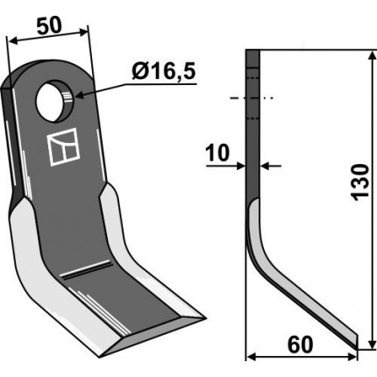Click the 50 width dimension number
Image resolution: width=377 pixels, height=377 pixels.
pyautogui.click(x=49, y=26)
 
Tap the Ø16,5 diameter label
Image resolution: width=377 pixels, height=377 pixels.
pyautogui.click(x=163, y=72)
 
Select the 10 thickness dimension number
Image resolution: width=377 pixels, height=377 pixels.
pyautogui.click(x=217, y=153)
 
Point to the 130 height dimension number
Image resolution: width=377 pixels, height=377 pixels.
pyautogui.click(x=360, y=182)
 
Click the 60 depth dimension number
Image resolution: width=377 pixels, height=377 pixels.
pyautogui.click(x=300, y=345)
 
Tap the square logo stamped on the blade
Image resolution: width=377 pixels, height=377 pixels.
pyautogui.click(x=63, y=146)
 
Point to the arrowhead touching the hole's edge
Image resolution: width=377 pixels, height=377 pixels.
pyautogui.click(x=80, y=95)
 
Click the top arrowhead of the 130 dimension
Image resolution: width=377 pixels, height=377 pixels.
pyautogui.click(x=372, y=56)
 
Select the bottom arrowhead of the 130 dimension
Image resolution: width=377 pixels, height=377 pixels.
pyautogui.click(x=372, y=344)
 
